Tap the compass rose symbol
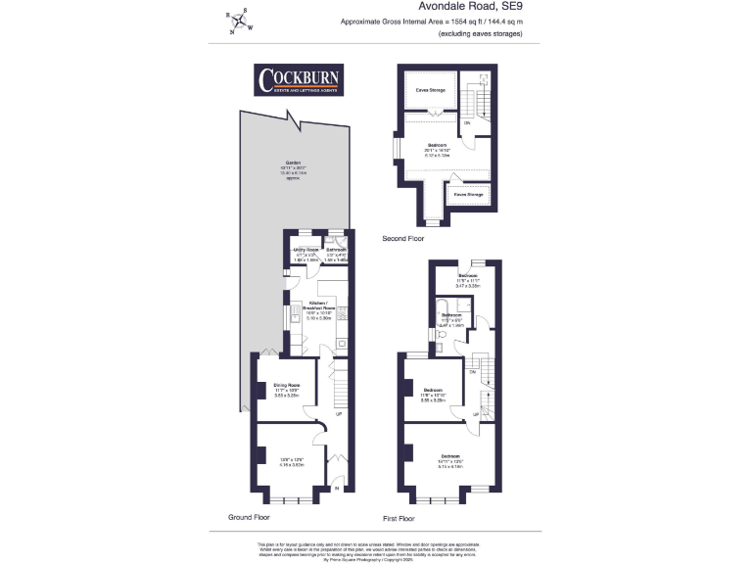(238, 21)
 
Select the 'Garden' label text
(292, 163)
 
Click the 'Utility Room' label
(306, 251)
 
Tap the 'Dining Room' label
(286, 386)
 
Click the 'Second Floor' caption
(403, 238)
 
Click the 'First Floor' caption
(399, 518)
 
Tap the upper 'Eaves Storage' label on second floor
(430, 90)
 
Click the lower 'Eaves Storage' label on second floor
(468, 195)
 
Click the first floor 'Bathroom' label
(450, 314)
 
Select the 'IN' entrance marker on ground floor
(337, 488)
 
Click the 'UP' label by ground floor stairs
(339, 413)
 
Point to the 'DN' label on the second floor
(467, 123)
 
